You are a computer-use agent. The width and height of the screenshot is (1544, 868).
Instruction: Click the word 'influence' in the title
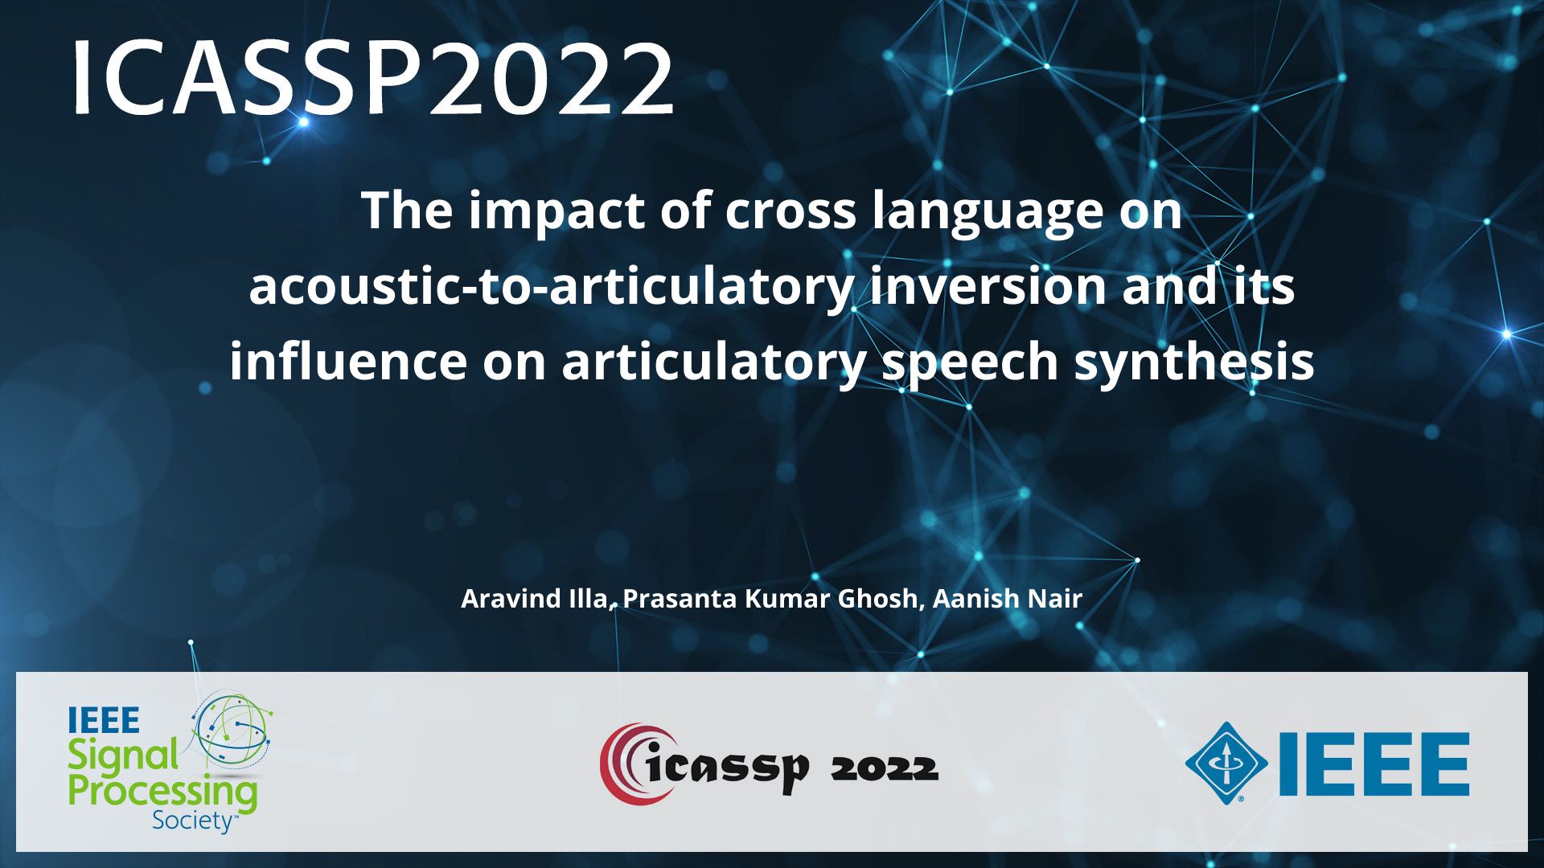coord(347,362)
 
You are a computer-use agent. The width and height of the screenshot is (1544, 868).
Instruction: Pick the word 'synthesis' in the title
coord(1194,362)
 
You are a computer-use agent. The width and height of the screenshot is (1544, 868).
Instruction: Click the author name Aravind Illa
coord(533,599)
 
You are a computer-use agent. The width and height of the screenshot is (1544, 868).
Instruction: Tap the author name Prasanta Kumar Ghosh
coord(770,599)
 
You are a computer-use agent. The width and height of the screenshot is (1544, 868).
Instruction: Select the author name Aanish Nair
coord(1007,599)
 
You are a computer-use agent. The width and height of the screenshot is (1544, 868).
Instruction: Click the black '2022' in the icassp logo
coord(884,769)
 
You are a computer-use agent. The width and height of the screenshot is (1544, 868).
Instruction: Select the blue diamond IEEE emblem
coord(1226,763)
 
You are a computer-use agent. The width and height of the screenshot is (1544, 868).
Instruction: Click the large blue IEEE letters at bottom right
coord(1374,764)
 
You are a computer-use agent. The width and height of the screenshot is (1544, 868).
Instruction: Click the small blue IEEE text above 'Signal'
coord(104,720)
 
